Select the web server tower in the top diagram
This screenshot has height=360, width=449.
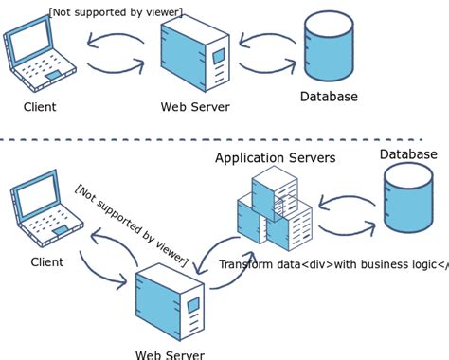click(x=195, y=57)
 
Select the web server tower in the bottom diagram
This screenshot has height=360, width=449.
click(x=170, y=303)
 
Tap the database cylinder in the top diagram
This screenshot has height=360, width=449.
click(x=329, y=47)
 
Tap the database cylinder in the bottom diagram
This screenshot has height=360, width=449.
click(x=408, y=198)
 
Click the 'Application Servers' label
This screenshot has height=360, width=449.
click(x=275, y=157)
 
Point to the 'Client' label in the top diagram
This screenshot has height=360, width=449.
click(x=39, y=107)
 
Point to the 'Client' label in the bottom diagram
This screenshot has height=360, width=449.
click(x=47, y=262)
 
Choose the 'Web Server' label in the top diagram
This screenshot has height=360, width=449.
click(x=195, y=107)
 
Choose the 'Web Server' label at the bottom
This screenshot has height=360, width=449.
click(x=170, y=354)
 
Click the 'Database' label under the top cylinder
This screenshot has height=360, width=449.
click(x=329, y=97)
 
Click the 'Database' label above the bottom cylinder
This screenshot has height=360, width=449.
click(x=408, y=153)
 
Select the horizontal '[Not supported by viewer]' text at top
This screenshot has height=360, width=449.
click(x=116, y=11)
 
